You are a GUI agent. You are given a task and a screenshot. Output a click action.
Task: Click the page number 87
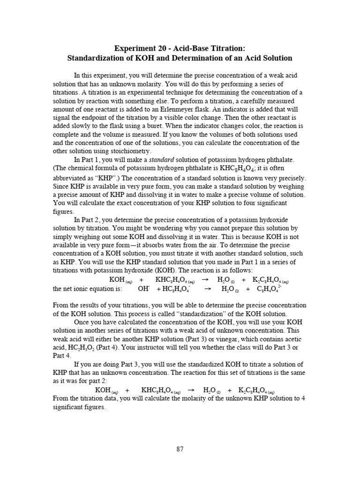180,449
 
